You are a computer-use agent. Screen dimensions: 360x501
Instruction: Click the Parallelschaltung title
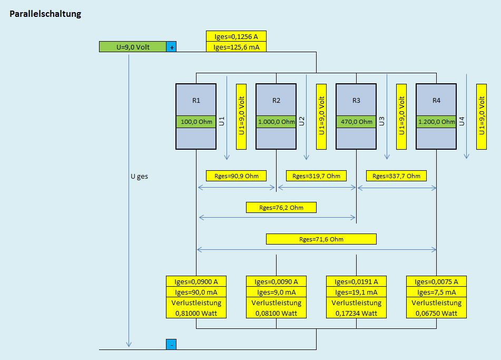45,14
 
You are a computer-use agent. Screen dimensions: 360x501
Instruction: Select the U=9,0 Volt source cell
133,47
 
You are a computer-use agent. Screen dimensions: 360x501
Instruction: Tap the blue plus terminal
171,47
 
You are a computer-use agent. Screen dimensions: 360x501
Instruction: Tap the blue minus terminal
171,345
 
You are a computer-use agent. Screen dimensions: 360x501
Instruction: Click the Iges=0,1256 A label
236,36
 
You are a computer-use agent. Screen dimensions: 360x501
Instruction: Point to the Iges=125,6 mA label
236,47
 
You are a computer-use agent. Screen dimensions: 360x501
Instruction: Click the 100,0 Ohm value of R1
196,122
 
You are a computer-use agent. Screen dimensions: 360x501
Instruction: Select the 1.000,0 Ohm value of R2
276,122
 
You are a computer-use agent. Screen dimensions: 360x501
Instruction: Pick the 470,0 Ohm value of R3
356,122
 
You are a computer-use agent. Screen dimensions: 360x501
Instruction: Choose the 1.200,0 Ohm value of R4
436,122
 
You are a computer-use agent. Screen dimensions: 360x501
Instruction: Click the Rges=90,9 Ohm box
236,176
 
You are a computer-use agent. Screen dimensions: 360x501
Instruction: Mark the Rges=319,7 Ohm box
316,176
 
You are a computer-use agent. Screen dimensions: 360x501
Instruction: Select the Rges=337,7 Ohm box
396,176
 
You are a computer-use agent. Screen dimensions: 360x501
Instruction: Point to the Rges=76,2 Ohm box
281,207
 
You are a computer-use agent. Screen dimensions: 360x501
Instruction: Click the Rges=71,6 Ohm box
321,239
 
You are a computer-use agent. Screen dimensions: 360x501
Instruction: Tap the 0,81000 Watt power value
196,313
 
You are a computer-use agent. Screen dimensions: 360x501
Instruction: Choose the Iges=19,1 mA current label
356,292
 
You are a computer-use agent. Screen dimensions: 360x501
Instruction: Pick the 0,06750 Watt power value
436,313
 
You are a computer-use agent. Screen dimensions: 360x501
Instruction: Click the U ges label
139,177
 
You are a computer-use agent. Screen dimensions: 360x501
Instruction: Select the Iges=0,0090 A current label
276,281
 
